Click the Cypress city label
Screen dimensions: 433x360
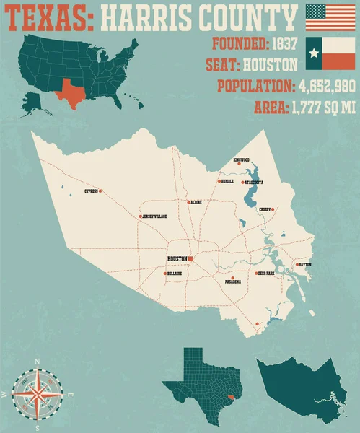pyautogui.click(x=91, y=191)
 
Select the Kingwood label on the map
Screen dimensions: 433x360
pyautogui.click(x=240, y=159)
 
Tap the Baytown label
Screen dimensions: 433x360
pyautogui.click(x=304, y=265)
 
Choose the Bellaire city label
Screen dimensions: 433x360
pyautogui.click(x=174, y=274)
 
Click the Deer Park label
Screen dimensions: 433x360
pyautogui.click(x=265, y=274)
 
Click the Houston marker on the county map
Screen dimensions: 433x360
pyautogui.click(x=190, y=258)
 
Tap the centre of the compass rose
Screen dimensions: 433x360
pyautogui.click(x=31, y=394)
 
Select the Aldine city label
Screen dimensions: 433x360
pyautogui.click(x=195, y=203)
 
